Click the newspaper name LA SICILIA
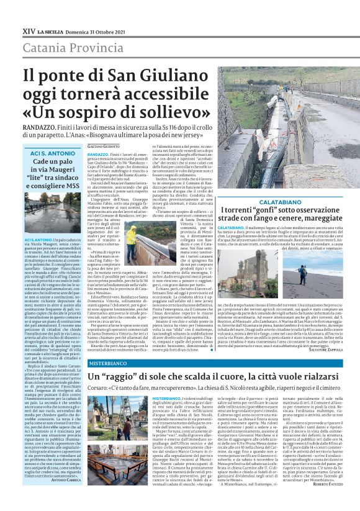pyautogui.click(x=58, y=30)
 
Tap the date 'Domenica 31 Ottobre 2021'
pyautogui.click(x=113, y=30)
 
